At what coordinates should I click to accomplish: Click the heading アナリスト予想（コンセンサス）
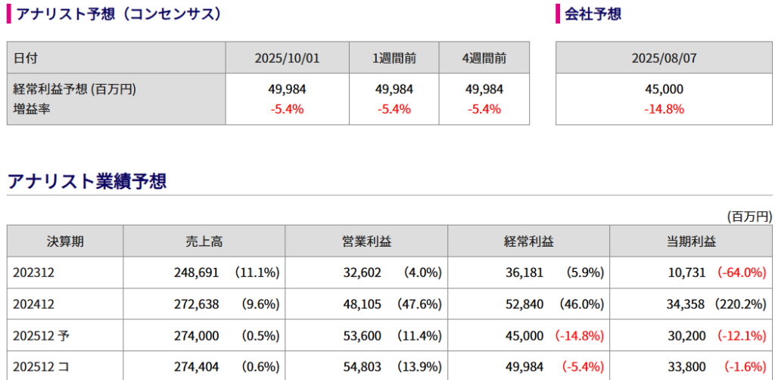pos(118,14)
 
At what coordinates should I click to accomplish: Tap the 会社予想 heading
pos(593,14)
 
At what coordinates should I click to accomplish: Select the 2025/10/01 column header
pos(287,58)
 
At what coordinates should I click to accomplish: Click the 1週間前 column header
pos(394,58)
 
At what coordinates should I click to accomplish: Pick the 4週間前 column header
pos(484,58)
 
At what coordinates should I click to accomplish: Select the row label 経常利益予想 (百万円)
pos(74,89)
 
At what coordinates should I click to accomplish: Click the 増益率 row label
pos(31,109)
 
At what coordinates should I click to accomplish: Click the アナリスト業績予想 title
pos(86,182)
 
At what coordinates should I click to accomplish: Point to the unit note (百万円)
pos(749,216)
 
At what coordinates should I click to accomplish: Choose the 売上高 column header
pos(204,241)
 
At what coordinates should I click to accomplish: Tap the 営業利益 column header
pos(366,241)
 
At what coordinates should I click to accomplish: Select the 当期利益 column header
pos(691,241)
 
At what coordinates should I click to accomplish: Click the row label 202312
pos(30,273)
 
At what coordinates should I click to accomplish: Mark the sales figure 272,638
pos(196,304)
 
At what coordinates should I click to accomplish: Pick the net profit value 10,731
pos(686,273)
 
